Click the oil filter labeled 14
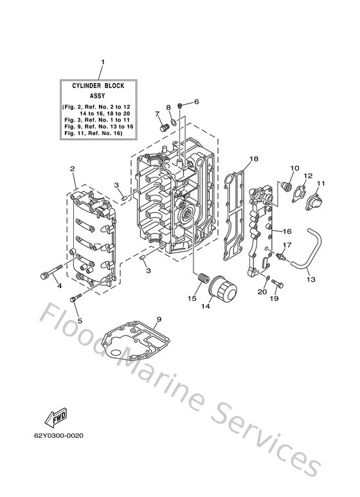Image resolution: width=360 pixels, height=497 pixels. click(224, 290)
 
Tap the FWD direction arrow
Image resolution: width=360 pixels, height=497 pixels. click(56, 417)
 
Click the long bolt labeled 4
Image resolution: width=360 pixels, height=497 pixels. click(52, 271)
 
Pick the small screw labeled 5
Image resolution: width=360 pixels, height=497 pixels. click(76, 297)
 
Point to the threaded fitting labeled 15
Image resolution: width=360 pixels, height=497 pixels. click(203, 278)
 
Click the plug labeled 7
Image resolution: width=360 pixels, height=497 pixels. click(165, 127)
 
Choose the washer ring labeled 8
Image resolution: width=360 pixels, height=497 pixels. click(174, 121)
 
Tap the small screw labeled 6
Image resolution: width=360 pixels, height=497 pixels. click(180, 105)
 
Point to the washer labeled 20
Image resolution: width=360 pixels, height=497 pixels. click(267, 278)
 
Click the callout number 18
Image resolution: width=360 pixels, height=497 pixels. click(254, 158)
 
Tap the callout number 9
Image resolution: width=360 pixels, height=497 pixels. click(159, 319)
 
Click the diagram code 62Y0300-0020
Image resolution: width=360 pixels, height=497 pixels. click(59, 435)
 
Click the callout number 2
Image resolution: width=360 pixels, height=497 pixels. click(72, 168)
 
